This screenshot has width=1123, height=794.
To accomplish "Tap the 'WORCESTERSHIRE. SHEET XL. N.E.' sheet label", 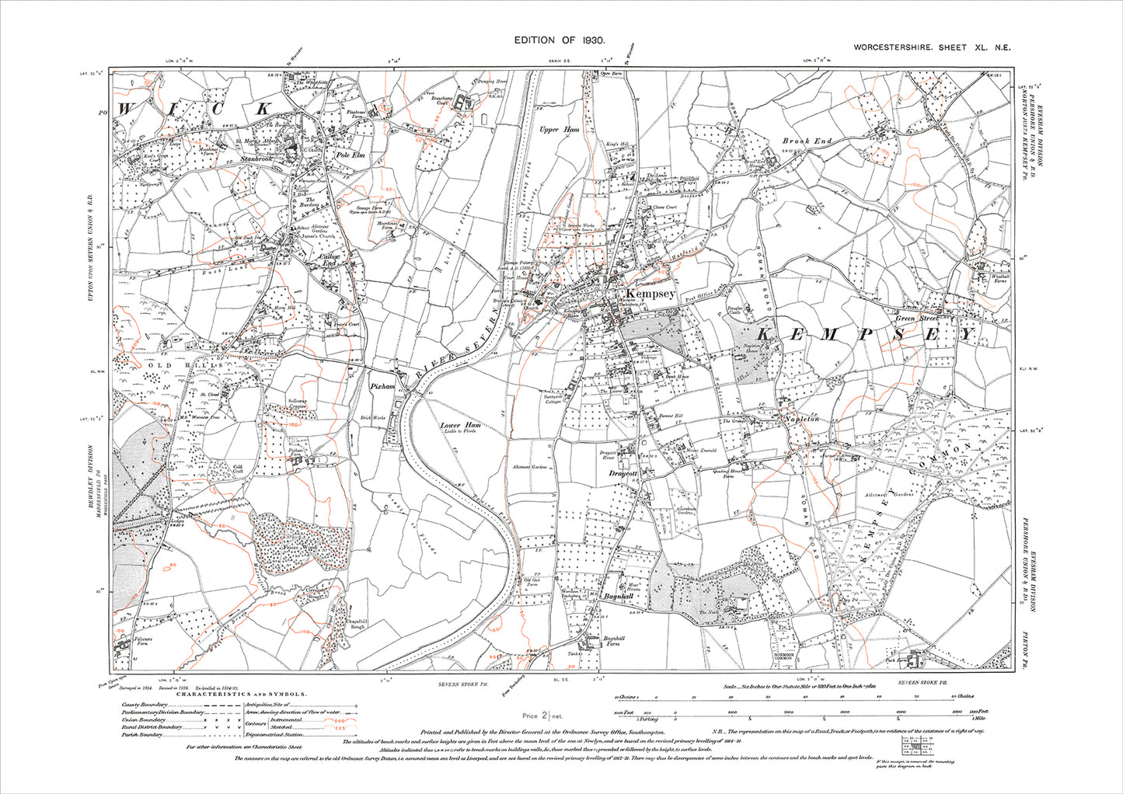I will coord(932,47).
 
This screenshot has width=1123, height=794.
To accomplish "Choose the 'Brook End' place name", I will coord(807,141).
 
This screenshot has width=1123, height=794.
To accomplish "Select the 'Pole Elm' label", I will coord(350,156).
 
